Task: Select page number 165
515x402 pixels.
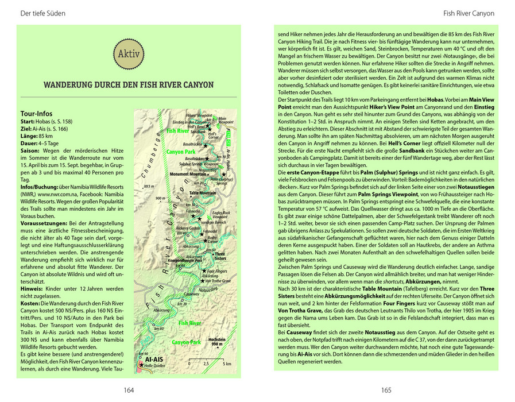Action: (386, 390)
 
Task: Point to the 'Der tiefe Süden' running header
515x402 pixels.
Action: (42, 13)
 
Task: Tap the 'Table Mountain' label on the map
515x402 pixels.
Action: (202, 193)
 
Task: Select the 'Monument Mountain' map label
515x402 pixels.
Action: (187, 173)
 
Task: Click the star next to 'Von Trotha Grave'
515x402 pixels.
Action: (202, 280)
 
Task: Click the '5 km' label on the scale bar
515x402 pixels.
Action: (227, 364)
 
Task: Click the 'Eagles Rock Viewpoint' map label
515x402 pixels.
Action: (221, 215)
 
